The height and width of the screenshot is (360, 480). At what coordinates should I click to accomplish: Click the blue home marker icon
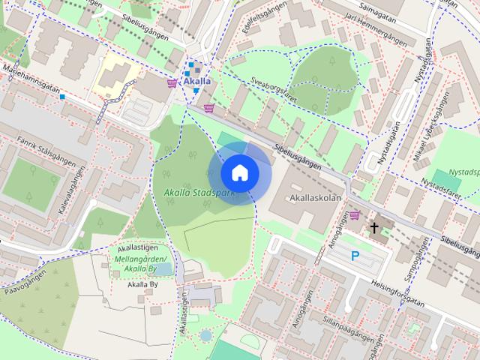click(239, 172)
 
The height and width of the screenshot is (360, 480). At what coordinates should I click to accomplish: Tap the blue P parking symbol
click(355, 256)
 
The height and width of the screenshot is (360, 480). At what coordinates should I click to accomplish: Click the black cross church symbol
click(374, 226)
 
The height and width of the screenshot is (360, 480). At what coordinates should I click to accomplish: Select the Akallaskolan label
click(316, 199)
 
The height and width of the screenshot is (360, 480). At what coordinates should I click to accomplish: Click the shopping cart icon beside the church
click(354, 215)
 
